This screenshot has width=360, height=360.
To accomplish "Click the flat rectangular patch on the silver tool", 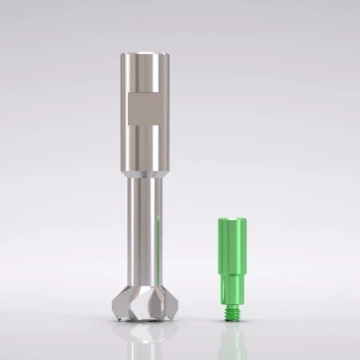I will tap(146, 109).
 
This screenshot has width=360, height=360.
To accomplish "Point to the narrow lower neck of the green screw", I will tap(231, 292).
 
